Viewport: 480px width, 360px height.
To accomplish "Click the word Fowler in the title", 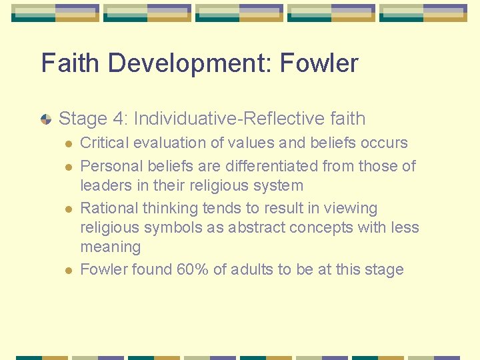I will (319, 63).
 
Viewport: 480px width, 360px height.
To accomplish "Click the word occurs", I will (382, 143).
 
